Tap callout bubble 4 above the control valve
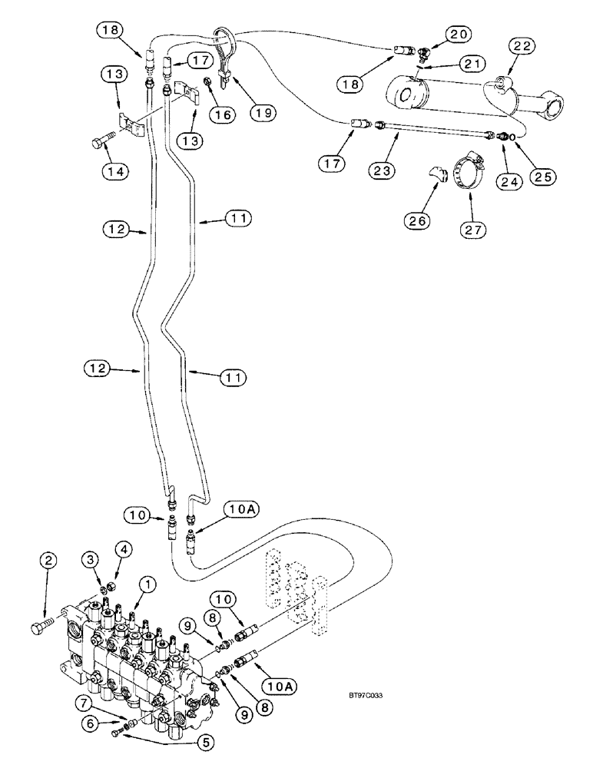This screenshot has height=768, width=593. [124, 551]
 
